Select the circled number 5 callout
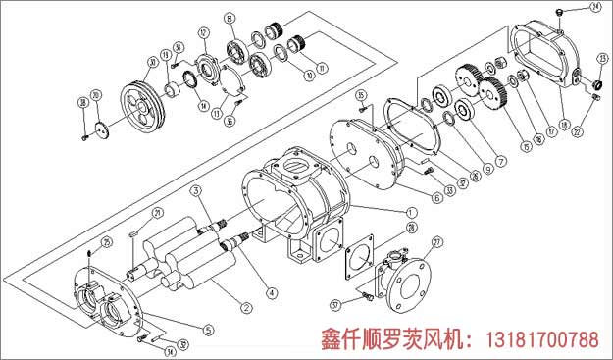(x=207, y=330)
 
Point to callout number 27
(x=437, y=242)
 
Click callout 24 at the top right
(x=594, y=8)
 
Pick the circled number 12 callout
(x=204, y=32)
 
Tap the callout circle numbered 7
(x=500, y=161)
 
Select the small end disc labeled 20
(x=102, y=127)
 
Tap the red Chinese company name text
(x=397, y=340)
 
